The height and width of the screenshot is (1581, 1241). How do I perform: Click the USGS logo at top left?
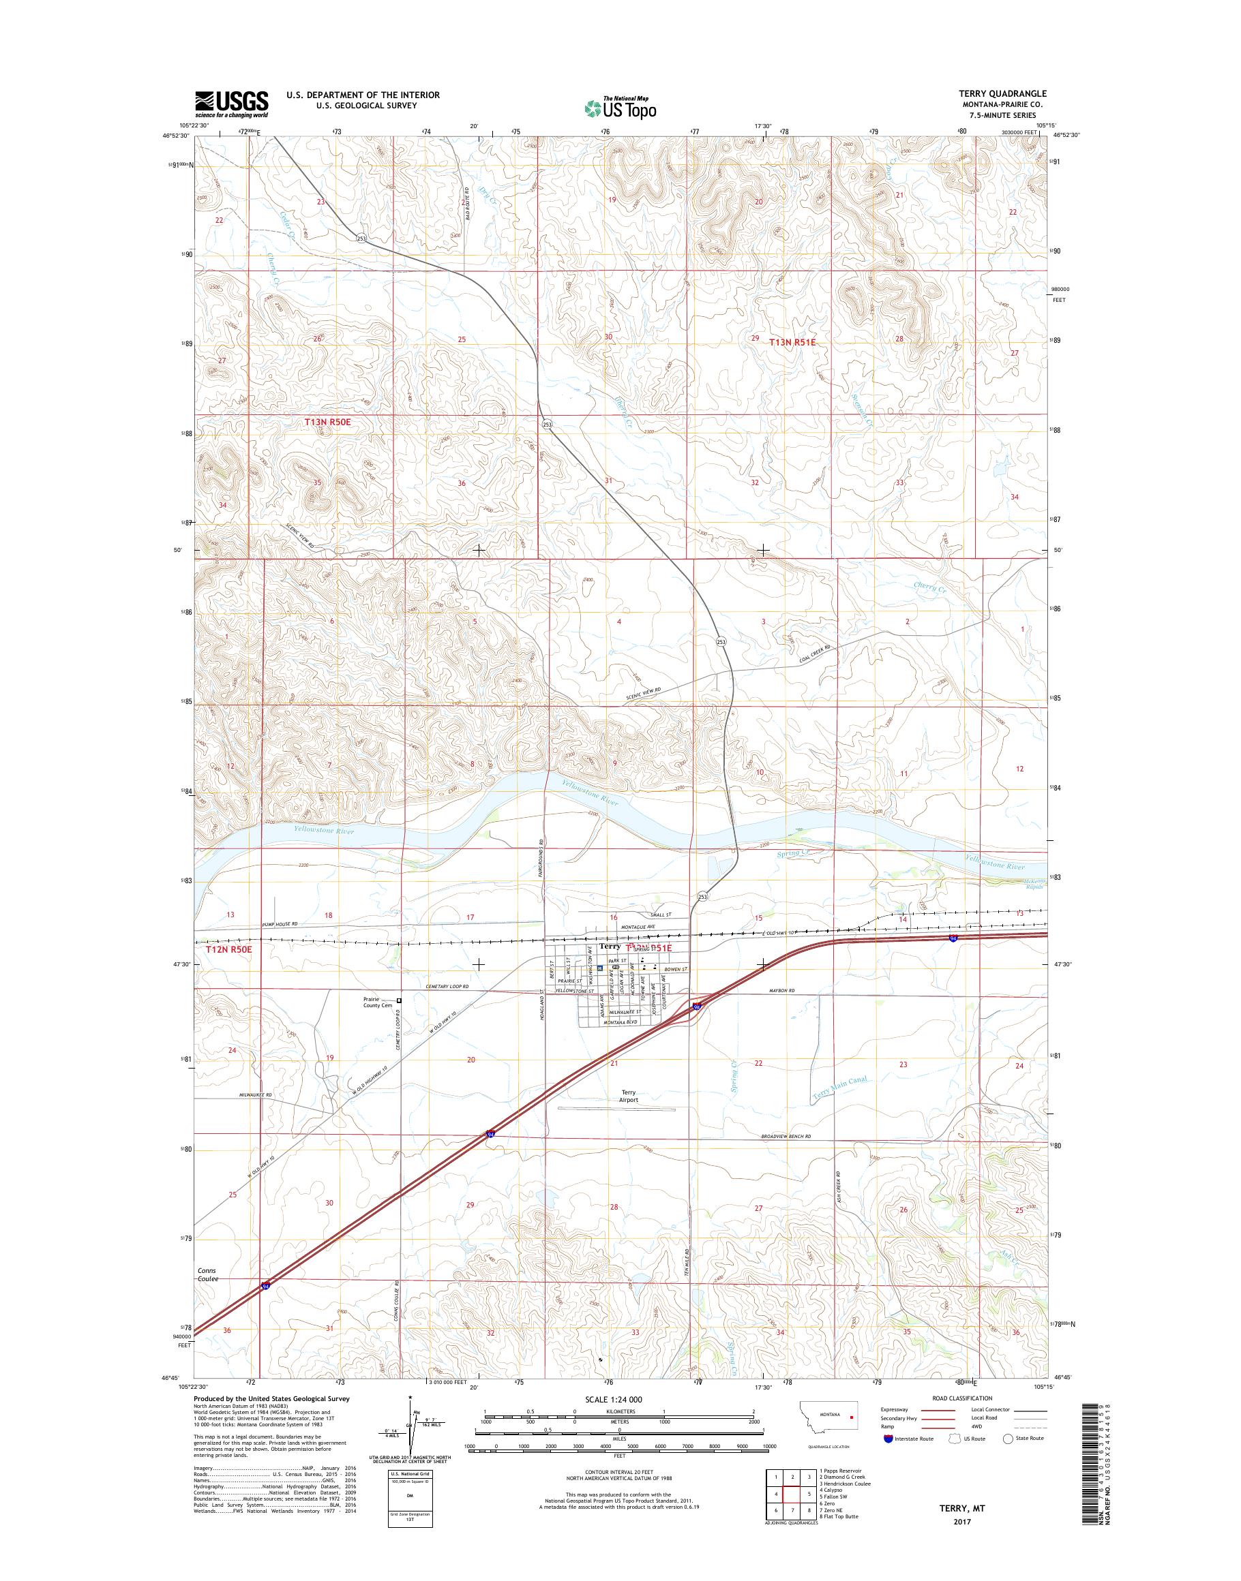click(231, 104)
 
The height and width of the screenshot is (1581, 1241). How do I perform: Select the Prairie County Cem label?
click(377, 1002)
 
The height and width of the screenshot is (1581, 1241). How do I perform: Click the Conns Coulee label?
click(207, 1274)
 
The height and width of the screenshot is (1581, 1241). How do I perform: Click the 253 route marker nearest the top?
click(361, 239)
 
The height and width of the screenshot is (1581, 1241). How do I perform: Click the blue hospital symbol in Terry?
click(600, 969)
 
